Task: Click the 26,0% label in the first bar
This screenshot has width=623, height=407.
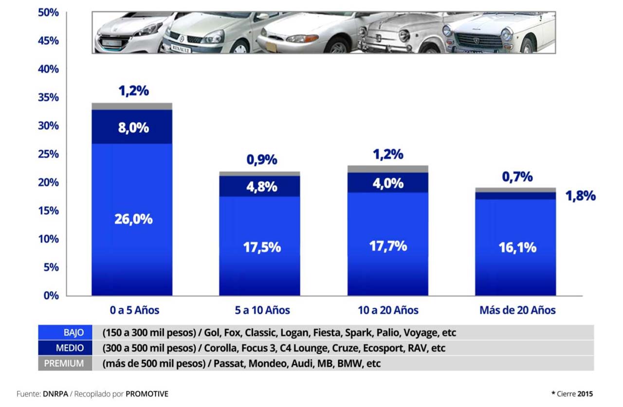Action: (133, 219)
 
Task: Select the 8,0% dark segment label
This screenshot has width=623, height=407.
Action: (133, 128)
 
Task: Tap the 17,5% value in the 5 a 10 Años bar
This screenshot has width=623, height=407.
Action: (262, 247)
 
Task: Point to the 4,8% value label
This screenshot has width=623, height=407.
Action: (262, 186)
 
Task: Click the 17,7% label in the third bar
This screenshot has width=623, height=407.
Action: (388, 246)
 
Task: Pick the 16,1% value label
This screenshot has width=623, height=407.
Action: (517, 247)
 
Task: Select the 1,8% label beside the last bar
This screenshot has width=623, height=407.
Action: (580, 196)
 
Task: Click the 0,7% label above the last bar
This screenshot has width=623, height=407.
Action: (517, 177)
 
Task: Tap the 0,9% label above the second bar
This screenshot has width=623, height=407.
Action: (262, 159)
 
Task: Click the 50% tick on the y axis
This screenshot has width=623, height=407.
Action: (48, 13)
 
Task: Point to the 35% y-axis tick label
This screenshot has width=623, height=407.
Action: (48, 97)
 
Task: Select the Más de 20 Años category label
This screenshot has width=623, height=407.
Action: (517, 311)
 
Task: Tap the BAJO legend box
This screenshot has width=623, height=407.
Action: (65, 333)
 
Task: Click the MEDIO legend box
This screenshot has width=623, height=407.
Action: (65, 348)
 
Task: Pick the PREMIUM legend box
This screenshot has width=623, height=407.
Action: (65, 363)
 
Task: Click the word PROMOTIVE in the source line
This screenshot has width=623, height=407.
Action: (147, 394)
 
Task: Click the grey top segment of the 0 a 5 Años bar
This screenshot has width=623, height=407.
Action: (132, 106)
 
